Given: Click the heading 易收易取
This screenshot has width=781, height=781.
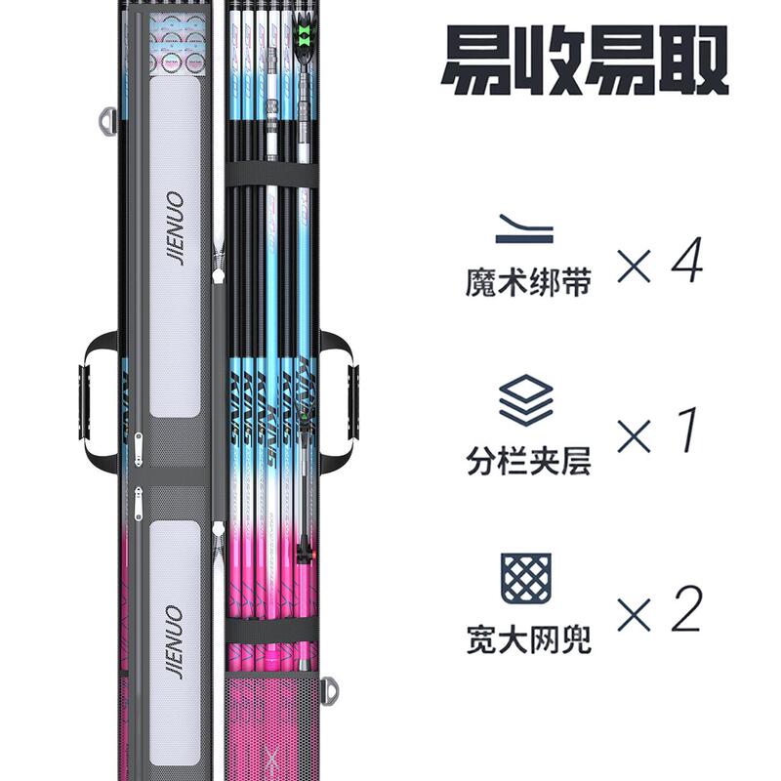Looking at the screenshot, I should click(x=585, y=61).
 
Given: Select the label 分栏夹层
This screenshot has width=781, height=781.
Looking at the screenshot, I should click(x=527, y=460).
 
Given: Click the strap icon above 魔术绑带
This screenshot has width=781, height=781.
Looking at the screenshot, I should click(x=526, y=229).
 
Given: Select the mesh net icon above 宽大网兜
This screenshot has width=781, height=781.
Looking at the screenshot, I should click(x=526, y=577).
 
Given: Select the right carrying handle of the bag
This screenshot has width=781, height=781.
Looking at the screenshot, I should click(x=342, y=390).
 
